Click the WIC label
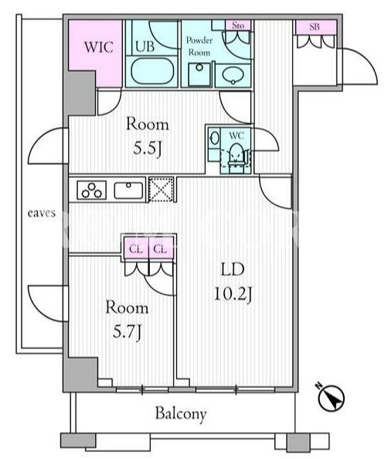98,47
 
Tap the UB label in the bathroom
145,46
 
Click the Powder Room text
199,46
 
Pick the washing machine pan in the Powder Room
199,74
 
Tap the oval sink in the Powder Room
233,75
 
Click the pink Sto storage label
238,26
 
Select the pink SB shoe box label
315,27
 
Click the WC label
237,135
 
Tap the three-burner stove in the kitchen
91,190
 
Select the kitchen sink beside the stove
128,190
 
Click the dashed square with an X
161,189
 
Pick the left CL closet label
136,249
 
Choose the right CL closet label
161,249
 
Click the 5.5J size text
148,149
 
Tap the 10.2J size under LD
233,294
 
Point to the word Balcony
181,413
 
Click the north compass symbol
331,398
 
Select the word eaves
42,213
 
